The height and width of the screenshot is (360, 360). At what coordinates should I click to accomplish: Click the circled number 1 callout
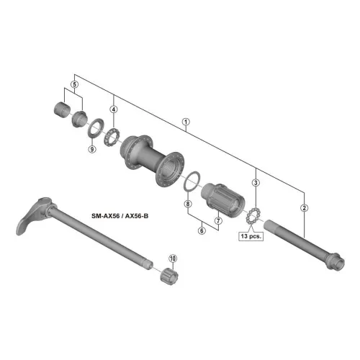point(186,122)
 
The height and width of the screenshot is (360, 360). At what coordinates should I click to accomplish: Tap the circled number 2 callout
point(304,208)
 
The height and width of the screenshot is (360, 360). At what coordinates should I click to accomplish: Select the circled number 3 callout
point(256,183)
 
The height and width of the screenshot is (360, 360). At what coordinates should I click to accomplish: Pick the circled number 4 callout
point(114,109)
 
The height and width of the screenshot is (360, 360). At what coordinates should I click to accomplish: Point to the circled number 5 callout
point(75,84)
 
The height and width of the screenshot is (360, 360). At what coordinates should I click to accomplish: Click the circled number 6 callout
point(202,230)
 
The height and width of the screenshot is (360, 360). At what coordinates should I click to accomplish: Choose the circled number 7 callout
point(218,220)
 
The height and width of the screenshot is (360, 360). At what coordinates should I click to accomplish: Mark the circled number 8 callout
point(188,204)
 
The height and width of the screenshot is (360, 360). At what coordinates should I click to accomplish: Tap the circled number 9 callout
point(92,149)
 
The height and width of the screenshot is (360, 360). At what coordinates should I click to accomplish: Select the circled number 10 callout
point(173,258)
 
